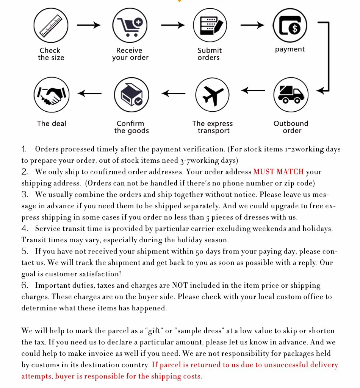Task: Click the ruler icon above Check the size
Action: click(51, 25)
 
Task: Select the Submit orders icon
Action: click(210, 25)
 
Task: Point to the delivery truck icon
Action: click(291, 95)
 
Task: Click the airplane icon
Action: click(213, 95)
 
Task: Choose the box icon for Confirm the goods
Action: click(131, 95)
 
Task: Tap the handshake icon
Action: click(51, 95)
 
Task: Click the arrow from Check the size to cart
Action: click(89, 25)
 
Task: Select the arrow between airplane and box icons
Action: click(174, 93)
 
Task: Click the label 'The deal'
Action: click(52, 123)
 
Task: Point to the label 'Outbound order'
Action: click(291, 127)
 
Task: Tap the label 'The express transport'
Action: click(213, 127)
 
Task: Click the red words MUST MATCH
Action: click(279, 172)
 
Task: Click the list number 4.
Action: click(25, 229)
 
